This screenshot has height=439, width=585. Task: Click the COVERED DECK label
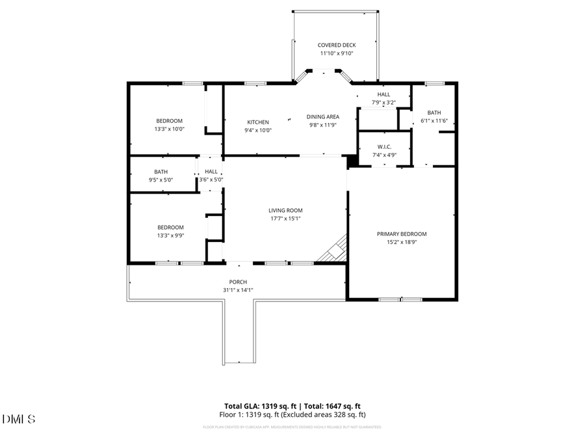coord(337,46)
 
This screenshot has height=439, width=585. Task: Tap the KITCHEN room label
coord(258,122)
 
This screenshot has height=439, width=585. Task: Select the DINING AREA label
coord(323,117)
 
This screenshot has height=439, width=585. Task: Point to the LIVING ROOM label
coord(285,211)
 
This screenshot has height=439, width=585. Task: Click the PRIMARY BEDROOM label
coord(402,234)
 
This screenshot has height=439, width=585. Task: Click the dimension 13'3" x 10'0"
coord(169,129)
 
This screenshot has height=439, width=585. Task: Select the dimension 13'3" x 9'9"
coord(170,236)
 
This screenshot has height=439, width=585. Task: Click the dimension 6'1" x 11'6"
coord(434,120)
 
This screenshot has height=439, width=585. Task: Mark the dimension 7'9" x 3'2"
coord(383,102)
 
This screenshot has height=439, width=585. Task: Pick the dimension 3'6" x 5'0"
coord(211,180)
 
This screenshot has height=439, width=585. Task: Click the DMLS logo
coord(19,419)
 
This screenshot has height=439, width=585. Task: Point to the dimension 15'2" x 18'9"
coord(402,242)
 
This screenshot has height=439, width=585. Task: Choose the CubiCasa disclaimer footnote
coord(292,427)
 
